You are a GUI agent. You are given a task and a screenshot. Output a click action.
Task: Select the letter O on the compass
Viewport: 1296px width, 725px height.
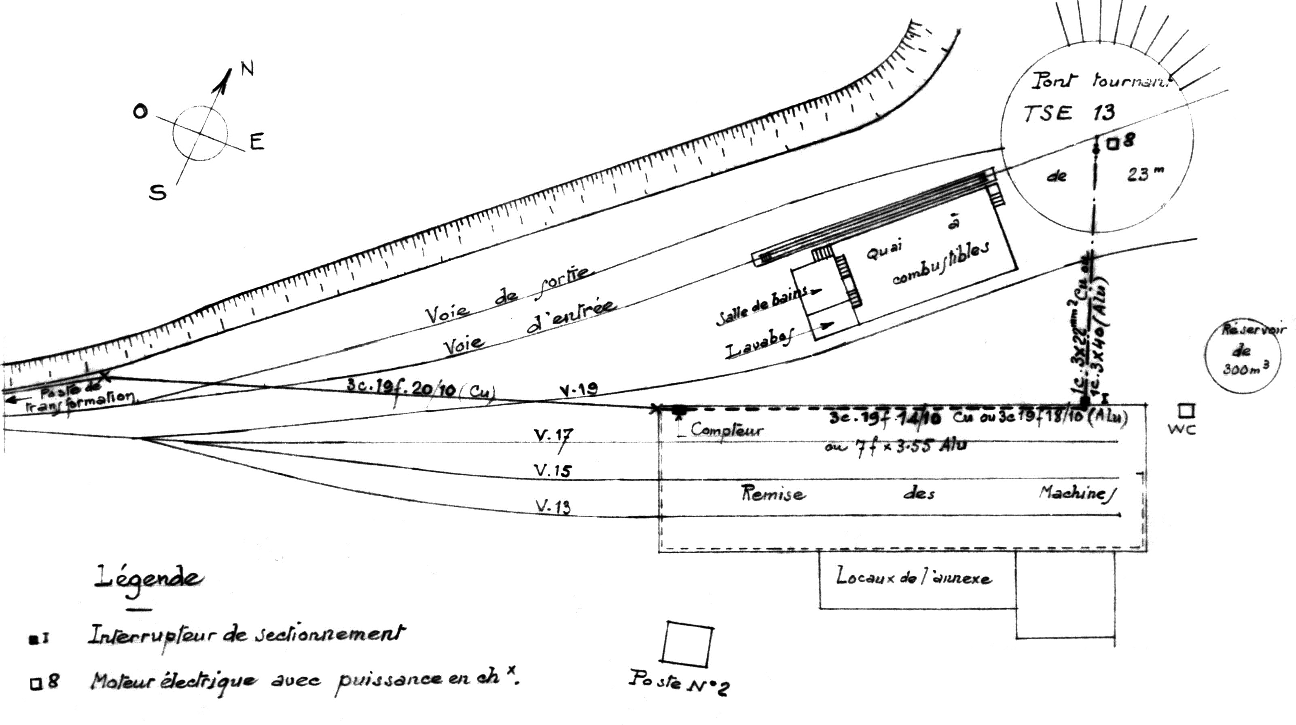coord(140,112)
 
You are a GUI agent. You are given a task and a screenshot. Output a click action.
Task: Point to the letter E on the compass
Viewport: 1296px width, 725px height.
coord(256,142)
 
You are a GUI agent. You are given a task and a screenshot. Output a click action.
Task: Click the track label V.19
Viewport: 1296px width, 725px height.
coord(578,390)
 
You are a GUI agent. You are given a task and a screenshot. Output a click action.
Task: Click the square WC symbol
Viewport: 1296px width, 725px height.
coord(1187,411)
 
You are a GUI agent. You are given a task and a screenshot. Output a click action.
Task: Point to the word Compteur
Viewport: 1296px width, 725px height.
coord(726,429)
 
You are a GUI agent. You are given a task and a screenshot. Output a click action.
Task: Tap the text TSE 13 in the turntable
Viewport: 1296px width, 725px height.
coord(1069,113)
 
